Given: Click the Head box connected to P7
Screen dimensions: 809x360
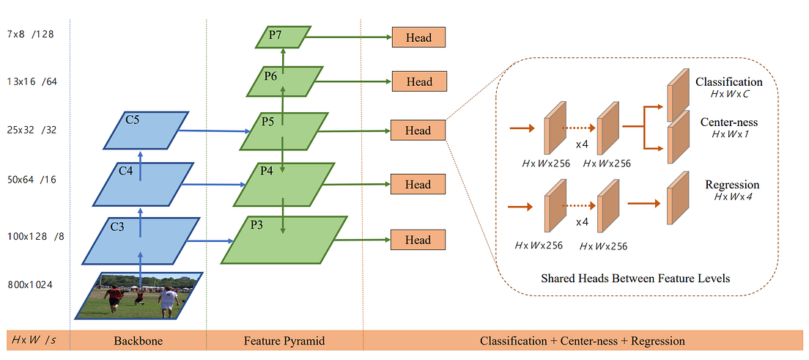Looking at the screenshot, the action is [x=418, y=37].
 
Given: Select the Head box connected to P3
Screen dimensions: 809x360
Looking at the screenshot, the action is [x=418, y=240].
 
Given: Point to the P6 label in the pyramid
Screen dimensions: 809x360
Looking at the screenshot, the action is [x=270, y=77].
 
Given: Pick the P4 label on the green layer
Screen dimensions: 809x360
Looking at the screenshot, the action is [x=266, y=172].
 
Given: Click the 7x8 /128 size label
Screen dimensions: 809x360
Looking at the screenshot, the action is [x=31, y=34].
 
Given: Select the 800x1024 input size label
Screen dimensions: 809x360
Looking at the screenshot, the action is [x=29, y=284].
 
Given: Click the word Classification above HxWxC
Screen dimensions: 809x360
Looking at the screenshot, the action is [x=728, y=82].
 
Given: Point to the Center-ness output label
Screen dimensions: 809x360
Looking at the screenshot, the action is [x=728, y=123].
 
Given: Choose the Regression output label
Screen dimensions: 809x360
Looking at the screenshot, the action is [x=731, y=185].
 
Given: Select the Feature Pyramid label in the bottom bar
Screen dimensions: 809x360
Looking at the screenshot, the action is [x=284, y=342].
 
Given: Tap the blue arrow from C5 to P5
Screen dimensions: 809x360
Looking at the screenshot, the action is [x=214, y=131].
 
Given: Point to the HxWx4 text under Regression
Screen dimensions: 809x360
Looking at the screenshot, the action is [x=732, y=196].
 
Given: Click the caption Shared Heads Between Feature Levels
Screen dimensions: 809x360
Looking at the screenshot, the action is [x=635, y=279].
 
